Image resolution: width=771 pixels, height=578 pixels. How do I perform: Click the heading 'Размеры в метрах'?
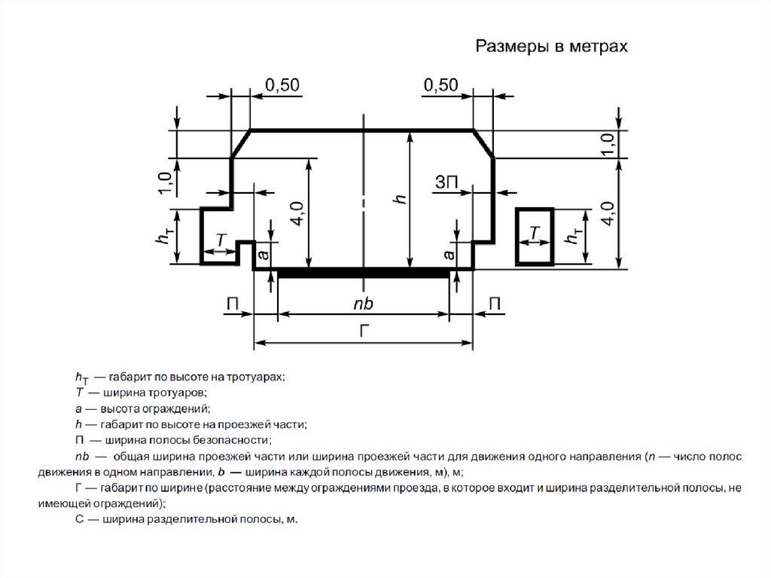550,47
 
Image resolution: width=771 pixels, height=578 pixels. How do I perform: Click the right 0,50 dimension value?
440,86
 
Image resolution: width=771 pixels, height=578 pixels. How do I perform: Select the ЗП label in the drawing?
446,182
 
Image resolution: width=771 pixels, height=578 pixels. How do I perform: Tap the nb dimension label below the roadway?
363,303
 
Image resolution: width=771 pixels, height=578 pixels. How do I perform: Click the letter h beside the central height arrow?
401,199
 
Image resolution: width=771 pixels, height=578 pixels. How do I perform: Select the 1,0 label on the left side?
164,183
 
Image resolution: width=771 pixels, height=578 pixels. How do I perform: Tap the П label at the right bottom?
495,303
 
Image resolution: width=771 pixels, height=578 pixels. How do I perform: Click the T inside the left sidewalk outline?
221,240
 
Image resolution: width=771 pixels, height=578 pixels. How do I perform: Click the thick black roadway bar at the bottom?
364,273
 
